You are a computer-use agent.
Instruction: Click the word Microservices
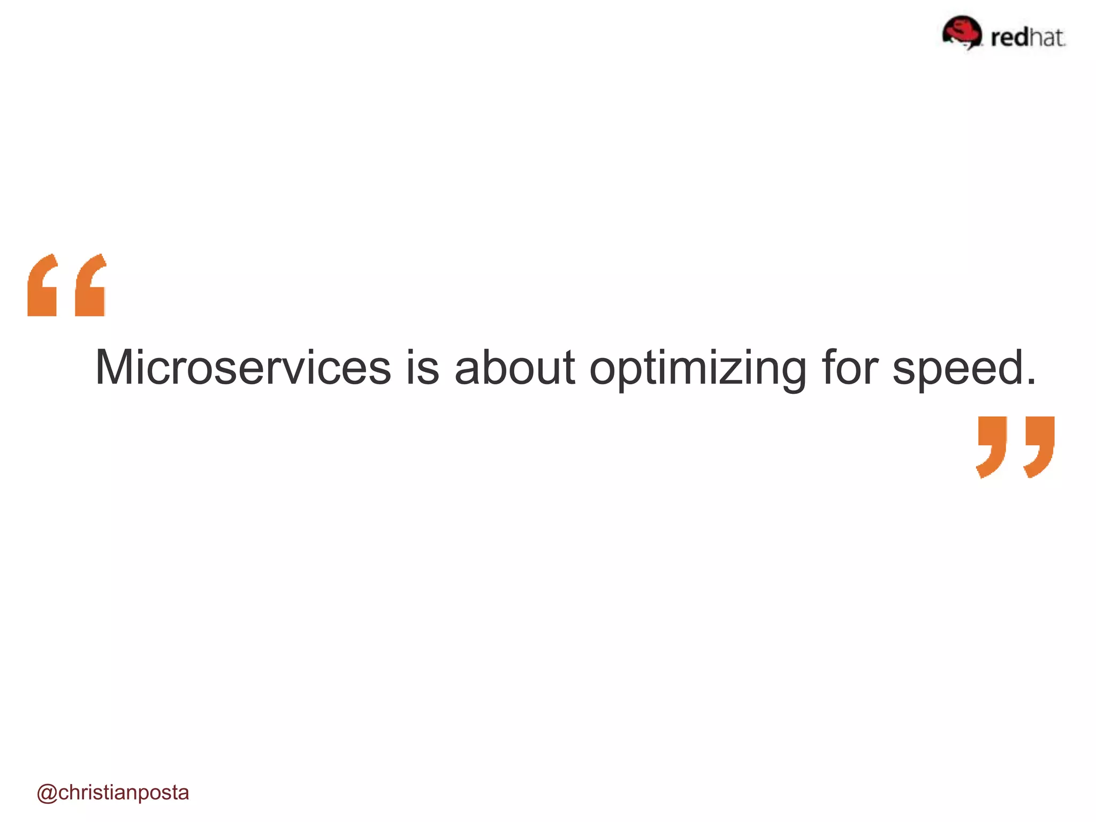(x=243, y=368)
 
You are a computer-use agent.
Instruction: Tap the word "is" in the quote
(x=423, y=368)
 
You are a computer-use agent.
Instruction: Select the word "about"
(x=514, y=368)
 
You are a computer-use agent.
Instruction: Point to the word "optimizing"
(x=698, y=369)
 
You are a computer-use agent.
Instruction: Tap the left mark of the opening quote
(x=42, y=286)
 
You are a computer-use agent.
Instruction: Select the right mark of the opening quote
(x=90, y=286)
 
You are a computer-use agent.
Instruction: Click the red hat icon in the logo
(x=962, y=32)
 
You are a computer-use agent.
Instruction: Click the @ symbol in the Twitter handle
(x=47, y=793)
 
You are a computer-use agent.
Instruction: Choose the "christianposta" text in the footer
(x=124, y=793)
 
